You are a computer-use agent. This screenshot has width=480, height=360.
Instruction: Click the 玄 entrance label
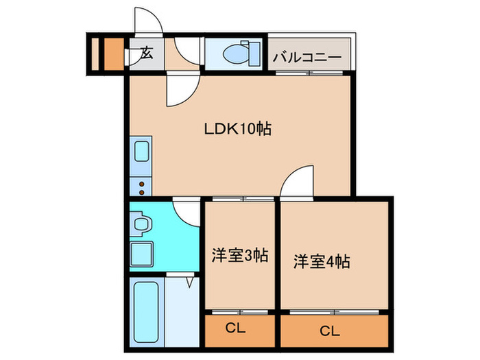(147, 53)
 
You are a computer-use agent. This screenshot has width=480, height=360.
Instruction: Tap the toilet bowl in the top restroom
(239, 52)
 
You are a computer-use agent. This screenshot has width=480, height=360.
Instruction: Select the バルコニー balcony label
(307, 56)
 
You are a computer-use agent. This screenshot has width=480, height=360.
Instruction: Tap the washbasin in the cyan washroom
(142, 224)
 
